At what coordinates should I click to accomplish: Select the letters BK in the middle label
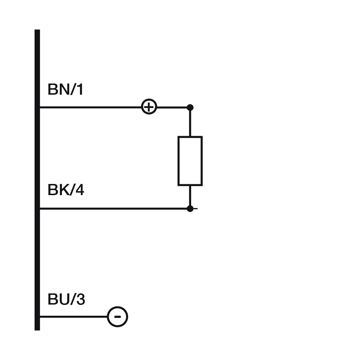tap(58, 190)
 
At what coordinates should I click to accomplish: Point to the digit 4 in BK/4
tap(80, 190)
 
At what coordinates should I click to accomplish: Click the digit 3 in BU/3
tap(80, 300)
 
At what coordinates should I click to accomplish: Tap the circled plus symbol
tap(149, 107)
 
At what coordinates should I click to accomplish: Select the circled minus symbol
tap(117, 317)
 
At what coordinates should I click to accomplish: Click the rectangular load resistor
tap(190, 161)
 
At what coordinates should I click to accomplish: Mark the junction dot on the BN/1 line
tap(190, 107)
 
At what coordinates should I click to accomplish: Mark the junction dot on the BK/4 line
tap(190, 208)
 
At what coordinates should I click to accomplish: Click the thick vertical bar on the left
tap(37, 180)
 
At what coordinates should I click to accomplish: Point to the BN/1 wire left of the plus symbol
tap(90, 107)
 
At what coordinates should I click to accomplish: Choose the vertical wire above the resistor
tap(190, 122)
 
